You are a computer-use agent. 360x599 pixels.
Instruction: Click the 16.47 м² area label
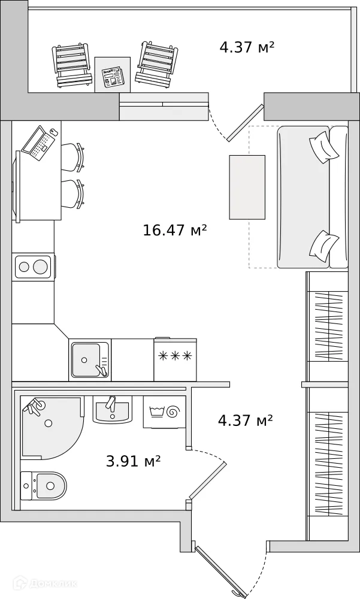pos(175,231)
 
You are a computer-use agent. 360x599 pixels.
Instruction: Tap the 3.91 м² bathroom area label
pos(133,461)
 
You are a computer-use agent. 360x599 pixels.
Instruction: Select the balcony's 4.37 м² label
pos(247,47)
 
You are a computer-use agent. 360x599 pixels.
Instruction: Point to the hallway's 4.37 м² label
pos(245,420)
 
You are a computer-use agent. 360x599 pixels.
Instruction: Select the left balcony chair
pos(72,65)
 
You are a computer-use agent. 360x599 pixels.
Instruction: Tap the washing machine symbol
pos(165,412)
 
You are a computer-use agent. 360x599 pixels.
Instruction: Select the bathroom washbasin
pos(113,410)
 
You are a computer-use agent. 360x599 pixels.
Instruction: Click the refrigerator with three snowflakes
pos(175,359)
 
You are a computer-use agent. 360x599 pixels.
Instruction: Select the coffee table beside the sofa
pos(247,187)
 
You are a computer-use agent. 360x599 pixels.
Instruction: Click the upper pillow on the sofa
pos(324,147)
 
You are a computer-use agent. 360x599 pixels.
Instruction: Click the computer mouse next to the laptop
pos(53,132)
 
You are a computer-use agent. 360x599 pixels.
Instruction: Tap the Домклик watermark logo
pos(45,583)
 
